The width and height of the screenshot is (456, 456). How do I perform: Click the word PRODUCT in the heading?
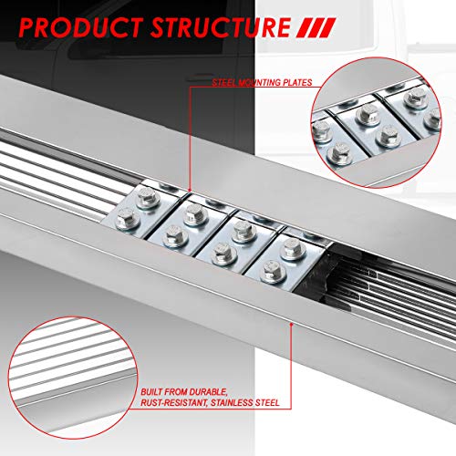pyautogui.click(x=81, y=27)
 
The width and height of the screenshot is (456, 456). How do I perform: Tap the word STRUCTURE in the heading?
pyautogui.click(x=221, y=27)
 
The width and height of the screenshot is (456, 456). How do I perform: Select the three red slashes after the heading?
pyautogui.click(x=316, y=27)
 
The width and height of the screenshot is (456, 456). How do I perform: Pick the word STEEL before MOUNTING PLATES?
pyautogui.click(x=224, y=83)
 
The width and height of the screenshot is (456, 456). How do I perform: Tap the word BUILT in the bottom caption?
pyautogui.click(x=151, y=391)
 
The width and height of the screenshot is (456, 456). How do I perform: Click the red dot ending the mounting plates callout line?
pyautogui.click(x=190, y=191)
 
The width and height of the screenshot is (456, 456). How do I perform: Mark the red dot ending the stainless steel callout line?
pyautogui.click(x=291, y=325)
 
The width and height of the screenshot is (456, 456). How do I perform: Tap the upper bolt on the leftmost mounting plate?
pyautogui.click(x=148, y=197)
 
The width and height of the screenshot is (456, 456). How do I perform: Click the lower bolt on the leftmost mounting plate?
pyautogui.click(x=128, y=219)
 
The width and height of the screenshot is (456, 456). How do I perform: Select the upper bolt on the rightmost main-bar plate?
pyautogui.click(x=292, y=249)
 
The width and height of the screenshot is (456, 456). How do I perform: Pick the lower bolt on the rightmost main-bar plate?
pyautogui.click(x=273, y=271)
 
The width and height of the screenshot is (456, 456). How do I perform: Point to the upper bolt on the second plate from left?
pyautogui.click(x=195, y=214)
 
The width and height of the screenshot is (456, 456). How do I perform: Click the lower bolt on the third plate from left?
pyautogui.click(x=223, y=254)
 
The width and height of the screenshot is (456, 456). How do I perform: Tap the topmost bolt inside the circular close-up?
pyautogui.click(x=416, y=98)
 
